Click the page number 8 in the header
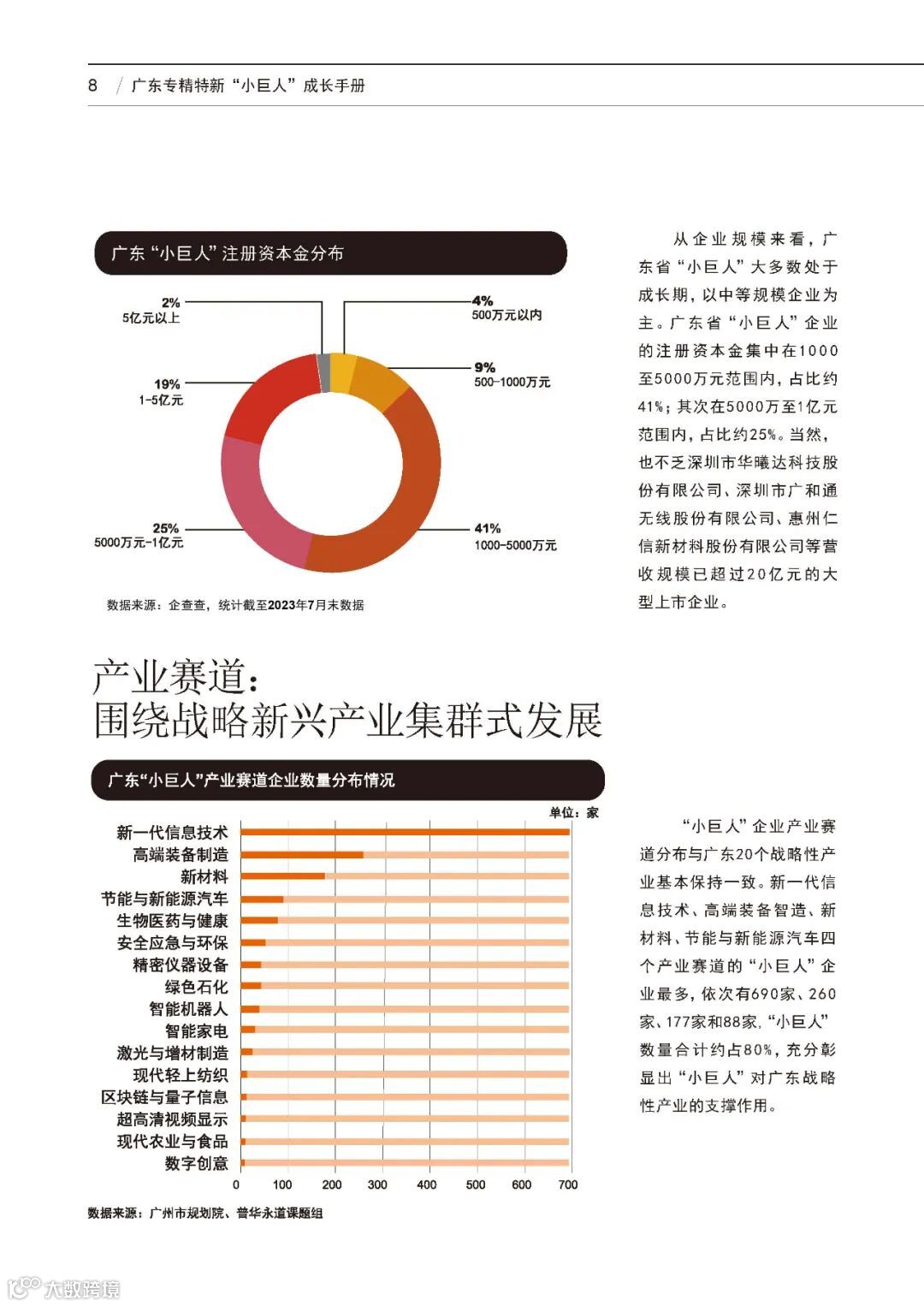92,86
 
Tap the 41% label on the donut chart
488,528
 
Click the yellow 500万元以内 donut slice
342,372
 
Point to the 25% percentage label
165,528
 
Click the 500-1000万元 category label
512,383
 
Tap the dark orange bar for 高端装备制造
302,854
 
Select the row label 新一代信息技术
172,833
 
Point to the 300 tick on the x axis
377,1185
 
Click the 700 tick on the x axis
568,1185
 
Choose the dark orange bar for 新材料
283,876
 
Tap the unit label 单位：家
573,812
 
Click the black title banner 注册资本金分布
330,253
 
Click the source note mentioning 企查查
235,605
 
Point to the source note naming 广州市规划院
205,1213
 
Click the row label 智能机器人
188,1009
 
